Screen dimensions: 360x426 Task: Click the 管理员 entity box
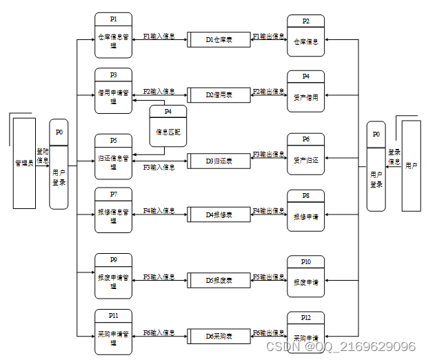point(25,163)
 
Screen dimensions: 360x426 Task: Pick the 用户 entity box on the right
point(412,166)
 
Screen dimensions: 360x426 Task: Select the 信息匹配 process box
point(168,126)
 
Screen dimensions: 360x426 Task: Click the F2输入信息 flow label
point(159,91)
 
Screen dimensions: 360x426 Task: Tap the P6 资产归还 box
point(305,156)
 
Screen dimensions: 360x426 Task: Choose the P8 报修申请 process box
point(305,211)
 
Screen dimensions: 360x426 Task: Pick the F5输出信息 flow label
point(268,277)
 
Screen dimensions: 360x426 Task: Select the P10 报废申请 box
point(305,277)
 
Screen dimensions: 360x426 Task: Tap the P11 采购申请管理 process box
point(113,332)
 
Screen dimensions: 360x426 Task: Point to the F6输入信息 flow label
point(159,333)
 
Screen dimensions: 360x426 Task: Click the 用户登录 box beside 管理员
point(59,164)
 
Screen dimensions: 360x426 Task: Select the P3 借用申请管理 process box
point(113,92)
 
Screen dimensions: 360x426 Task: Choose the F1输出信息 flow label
point(268,36)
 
